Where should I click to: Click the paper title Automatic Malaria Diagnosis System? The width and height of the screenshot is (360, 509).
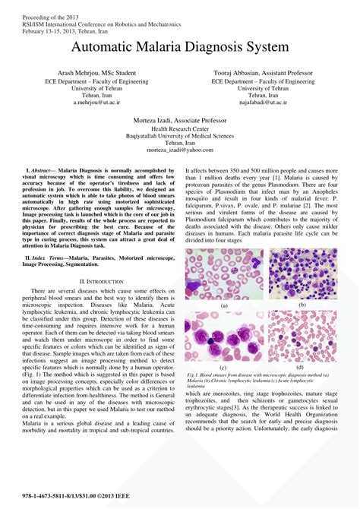(180, 47)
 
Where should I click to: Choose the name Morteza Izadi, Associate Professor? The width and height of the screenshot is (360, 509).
(179, 120)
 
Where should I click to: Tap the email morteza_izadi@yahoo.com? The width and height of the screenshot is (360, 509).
(179, 150)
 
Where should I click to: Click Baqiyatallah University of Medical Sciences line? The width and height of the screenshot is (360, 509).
(179, 135)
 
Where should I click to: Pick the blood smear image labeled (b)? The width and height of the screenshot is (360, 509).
(302, 274)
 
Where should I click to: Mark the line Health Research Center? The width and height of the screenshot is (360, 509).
(179, 128)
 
